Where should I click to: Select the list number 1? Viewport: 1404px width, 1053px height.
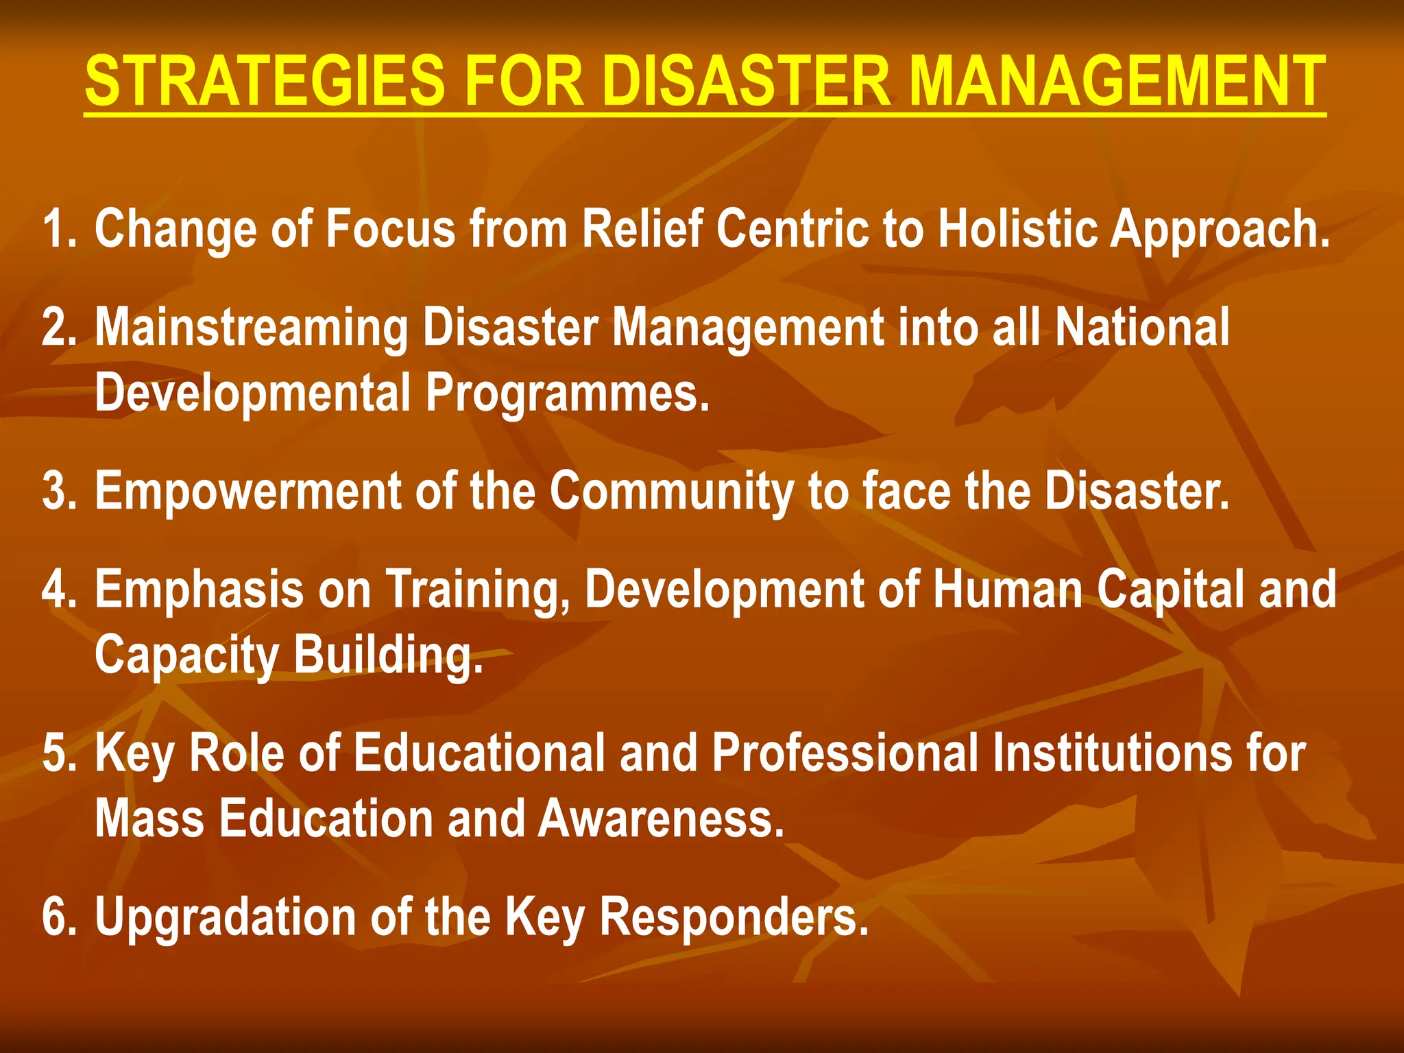pos(58,229)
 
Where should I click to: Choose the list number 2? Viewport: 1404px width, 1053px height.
pos(58,328)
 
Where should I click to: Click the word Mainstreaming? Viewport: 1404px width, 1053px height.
pos(251,328)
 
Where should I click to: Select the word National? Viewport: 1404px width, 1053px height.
pos(1142,328)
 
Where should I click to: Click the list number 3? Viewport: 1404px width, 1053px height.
pos(58,492)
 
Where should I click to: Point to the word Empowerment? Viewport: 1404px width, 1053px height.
pos(247,492)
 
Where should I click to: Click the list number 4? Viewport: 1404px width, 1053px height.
pos(58,590)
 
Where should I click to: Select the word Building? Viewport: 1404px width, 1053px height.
pos(388,655)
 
